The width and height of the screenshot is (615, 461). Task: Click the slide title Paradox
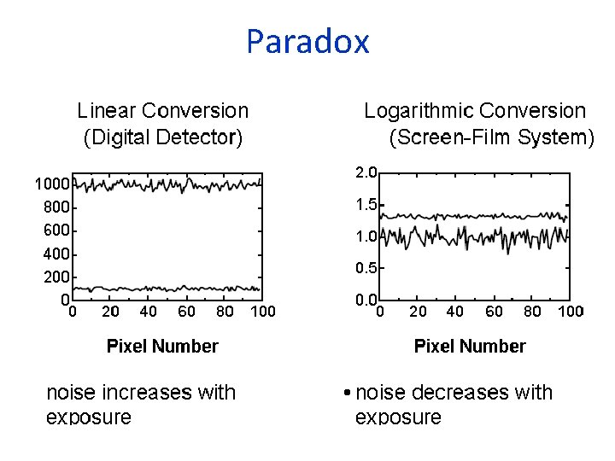click(307, 41)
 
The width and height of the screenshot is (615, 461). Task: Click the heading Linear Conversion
click(162, 111)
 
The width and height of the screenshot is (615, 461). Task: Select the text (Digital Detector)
click(162, 137)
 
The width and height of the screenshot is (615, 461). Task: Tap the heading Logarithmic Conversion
click(475, 111)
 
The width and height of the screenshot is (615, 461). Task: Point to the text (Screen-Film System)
click(491, 137)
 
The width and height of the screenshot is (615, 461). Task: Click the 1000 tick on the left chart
click(52, 184)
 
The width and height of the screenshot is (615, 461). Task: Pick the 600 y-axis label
click(56, 230)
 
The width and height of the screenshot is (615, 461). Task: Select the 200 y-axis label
click(56, 277)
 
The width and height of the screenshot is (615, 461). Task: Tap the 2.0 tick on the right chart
click(366, 172)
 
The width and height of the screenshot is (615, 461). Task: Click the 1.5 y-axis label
click(366, 205)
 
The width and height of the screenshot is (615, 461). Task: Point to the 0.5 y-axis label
click(366, 268)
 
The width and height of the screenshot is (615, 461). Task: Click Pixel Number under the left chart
click(162, 346)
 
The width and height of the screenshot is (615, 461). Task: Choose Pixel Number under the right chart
click(470, 346)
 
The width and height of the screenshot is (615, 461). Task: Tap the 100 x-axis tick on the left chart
click(263, 312)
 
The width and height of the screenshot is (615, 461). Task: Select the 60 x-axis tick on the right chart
click(494, 312)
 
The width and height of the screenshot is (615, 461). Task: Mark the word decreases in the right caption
click(460, 393)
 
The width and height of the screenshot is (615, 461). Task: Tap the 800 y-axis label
click(56, 207)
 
